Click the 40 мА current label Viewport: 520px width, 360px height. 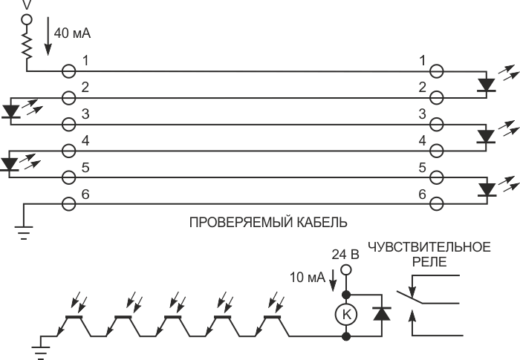tap(72, 33)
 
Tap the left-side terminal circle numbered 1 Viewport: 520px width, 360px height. tap(68, 71)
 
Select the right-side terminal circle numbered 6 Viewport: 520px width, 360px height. tap(436, 204)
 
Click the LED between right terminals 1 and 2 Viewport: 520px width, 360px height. tap(486, 85)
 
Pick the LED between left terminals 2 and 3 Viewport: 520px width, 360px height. tap(11, 111)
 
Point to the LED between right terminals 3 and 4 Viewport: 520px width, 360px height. tap(486, 137)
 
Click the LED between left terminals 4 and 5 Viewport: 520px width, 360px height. tap(9, 164)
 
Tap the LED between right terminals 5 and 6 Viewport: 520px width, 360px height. tap(487, 189)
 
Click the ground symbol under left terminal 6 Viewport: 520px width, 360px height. tap(24, 233)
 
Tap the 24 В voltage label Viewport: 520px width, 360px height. tap(345, 255)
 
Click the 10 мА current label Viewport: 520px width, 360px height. tap(308, 277)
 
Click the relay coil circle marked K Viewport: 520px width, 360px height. tap(346, 314)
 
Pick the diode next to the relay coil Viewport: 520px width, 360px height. tap(382, 313)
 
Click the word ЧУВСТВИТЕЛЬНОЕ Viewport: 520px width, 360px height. tap(429, 247)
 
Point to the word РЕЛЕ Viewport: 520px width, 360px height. tap(429, 262)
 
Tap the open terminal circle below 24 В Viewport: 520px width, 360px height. tap(346, 269)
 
